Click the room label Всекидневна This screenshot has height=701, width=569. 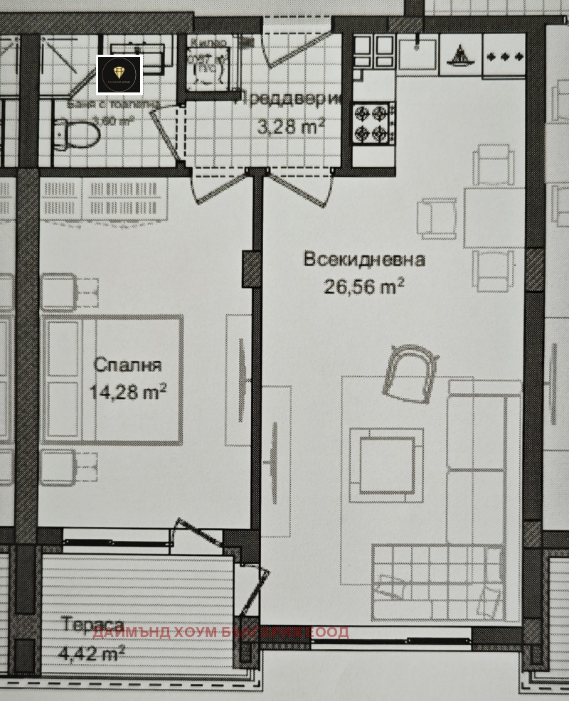click(364, 259)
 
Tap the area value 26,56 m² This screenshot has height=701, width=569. click(364, 286)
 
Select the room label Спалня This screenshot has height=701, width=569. click(128, 365)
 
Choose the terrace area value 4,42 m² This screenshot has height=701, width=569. click(93, 651)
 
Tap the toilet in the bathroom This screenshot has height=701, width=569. click(78, 132)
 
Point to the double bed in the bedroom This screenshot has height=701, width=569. click(112, 380)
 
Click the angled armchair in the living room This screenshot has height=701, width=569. click(409, 372)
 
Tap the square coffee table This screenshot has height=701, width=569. click(386, 465)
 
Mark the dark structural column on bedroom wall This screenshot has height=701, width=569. click(252, 269)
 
